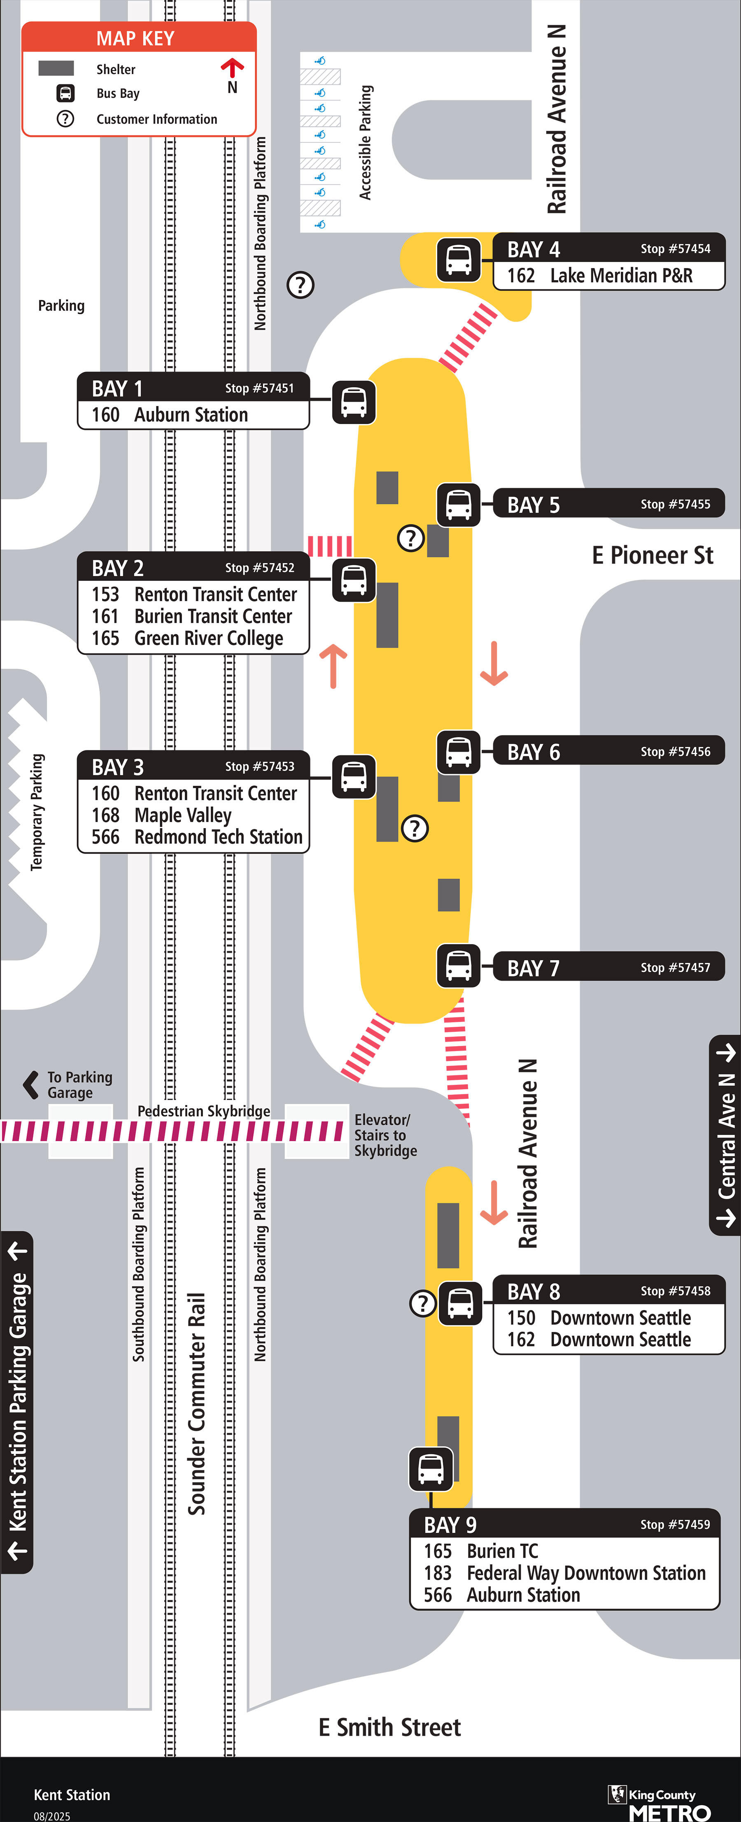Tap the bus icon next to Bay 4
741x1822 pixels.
point(458,260)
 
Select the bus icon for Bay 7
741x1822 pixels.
point(458,966)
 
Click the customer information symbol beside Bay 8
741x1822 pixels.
point(422,1303)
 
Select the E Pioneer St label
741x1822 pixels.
point(652,555)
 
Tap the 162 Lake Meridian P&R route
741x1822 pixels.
point(599,275)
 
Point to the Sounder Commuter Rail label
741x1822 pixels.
point(196,1404)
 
